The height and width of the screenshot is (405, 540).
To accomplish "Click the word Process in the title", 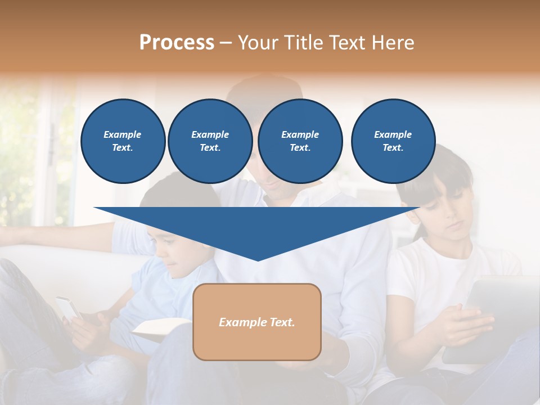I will pyautogui.click(x=177, y=43).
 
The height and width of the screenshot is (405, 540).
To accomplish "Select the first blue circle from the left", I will pyautogui.click(x=123, y=141).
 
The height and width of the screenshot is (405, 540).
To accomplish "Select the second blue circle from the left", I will pyautogui.click(x=210, y=141).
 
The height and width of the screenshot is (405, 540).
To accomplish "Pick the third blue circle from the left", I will pyautogui.click(x=300, y=141).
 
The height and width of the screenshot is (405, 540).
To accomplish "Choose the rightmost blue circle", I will pyautogui.click(x=393, y=141).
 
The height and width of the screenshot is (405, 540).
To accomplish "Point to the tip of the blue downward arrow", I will pyautogui.click(x=258, y=259).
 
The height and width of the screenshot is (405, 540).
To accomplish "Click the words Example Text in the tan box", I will pyautogui.click(x=257, y=322).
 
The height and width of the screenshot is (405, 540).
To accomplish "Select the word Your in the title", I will pyautogui.click(x=258, y=43).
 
